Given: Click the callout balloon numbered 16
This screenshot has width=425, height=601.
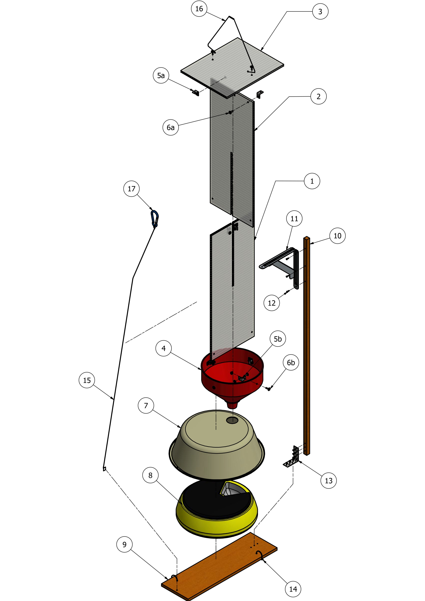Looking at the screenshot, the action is click(x=199, y=9).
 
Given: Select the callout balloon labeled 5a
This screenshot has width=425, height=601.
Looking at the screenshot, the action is click(x=161, y=75).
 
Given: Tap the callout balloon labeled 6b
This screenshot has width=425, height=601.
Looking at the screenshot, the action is click(x=291, y=363).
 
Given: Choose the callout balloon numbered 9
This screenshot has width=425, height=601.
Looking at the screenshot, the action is click(x=124, y=545).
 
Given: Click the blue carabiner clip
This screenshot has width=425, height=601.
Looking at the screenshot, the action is click(x=154, y=218).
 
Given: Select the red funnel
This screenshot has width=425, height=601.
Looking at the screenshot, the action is click(x=232, y=377).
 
